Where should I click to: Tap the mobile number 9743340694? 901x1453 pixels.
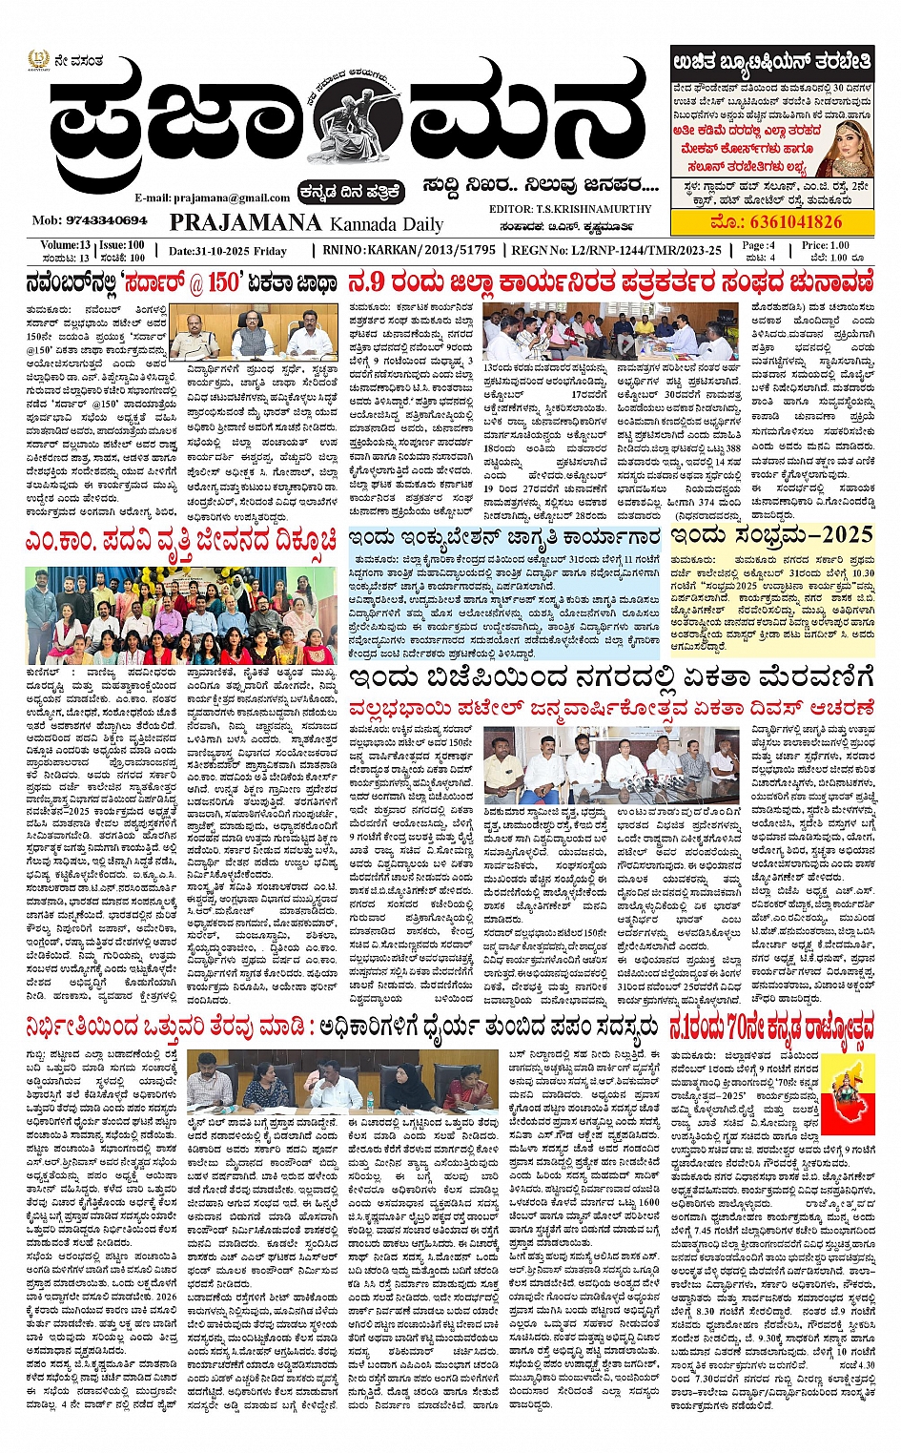click(x=90, y=219)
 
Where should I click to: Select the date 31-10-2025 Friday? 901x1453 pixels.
click(x=227, y=251)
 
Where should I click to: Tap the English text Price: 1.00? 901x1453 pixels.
click(x=825, y=245)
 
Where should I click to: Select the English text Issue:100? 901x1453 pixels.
click(x=122, y=245)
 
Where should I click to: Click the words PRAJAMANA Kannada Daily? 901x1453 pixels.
click(x=306, y=223)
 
